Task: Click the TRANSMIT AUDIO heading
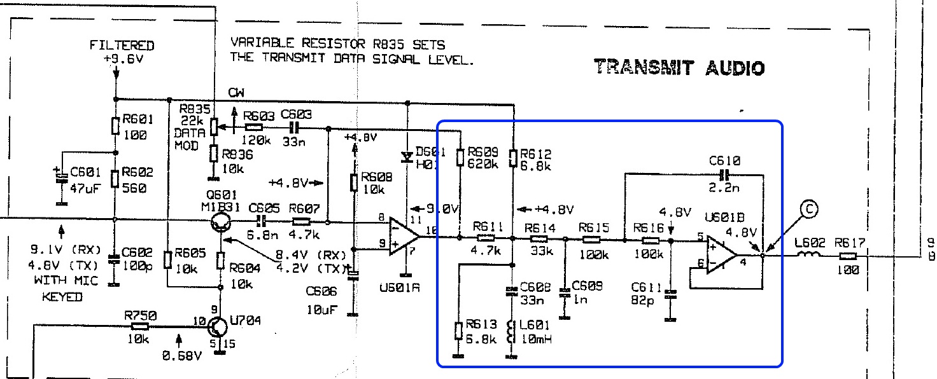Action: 679,67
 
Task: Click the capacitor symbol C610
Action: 723,174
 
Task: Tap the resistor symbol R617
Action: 848,256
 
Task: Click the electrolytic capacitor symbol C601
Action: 62,176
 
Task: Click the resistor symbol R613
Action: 458,331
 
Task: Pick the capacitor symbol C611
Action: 670,294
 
